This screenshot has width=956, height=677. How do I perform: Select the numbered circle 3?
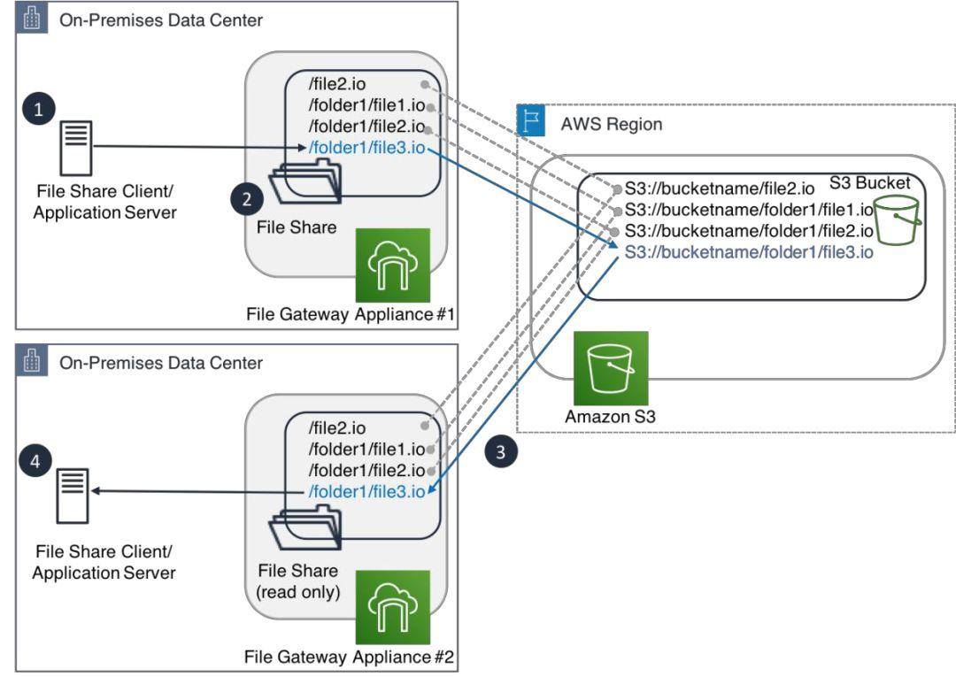(x=501, y=452)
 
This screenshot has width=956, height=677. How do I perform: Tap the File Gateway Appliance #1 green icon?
(x=392, y=266)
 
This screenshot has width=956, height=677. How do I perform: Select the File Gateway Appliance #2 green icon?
(x=392, y=607)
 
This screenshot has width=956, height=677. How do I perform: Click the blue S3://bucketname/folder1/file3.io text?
(x=749, y=252)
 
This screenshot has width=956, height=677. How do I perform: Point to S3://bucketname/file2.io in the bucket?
(x=719, y=188)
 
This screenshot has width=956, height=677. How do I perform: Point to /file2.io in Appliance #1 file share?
(x=340, y=85)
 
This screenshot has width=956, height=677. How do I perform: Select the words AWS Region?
(x=611, y=124)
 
